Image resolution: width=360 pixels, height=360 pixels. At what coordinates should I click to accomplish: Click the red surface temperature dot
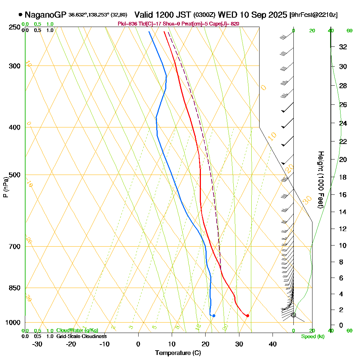pyautogui.click(x=247, y=316)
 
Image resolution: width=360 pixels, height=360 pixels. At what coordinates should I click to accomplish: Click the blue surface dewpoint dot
pyautogui.click(x=214, y=316)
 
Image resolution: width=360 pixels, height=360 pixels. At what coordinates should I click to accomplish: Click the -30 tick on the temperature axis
pyautogui.click(x=37, y=344)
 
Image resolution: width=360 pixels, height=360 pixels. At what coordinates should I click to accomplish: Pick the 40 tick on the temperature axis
pyautogui.click(x=273, y=344)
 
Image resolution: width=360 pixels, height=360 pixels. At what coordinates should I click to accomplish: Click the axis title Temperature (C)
pyautogui.click(x=178, y=353)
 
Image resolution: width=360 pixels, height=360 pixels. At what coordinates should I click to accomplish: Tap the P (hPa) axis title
pyautogui.click(x=5, y=187)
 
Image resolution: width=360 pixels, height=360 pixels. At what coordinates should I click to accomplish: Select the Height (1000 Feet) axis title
pyautogui.click(x=320, y=179)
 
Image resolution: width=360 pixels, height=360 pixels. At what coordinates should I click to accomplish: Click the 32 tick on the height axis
pyautogui.click(x=343, y=47)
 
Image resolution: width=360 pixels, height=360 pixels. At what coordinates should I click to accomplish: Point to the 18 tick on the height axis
pyautogui.click(x=343, y=177)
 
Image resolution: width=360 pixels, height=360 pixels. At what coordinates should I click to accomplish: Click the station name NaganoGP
pyautogui.click(x=45, y=15)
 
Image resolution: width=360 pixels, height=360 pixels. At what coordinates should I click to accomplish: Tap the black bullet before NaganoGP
pyautogui.click(x=20, y=15)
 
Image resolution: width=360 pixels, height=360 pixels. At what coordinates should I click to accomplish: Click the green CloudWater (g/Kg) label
pyautogui.click(x=77, y=330)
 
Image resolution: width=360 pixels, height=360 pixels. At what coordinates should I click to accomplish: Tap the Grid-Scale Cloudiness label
pyautogui.click(x=81, y=336)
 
